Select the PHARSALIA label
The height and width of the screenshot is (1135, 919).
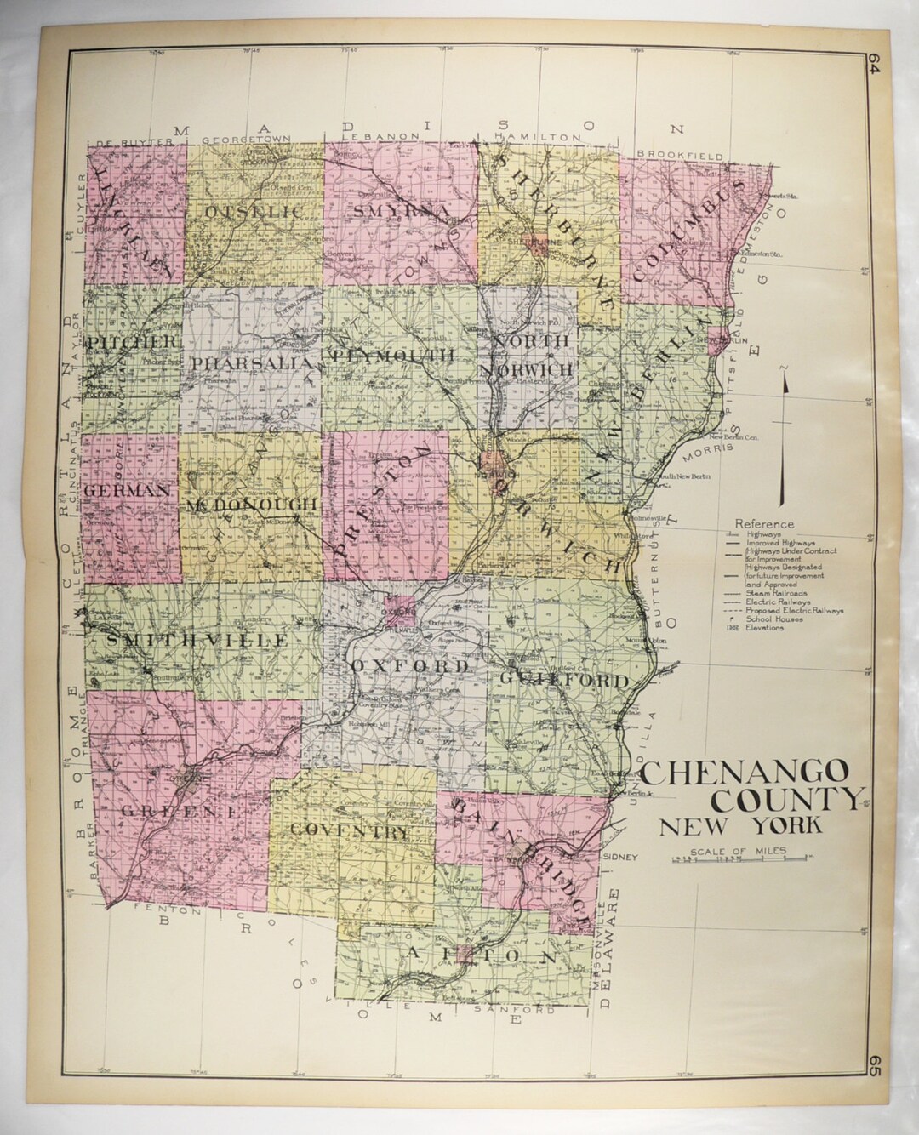coord(243,363)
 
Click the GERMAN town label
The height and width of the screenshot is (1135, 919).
coord(129,491)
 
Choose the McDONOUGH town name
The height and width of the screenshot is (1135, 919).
coord(251,505)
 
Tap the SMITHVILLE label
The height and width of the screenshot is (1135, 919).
coord(191,640)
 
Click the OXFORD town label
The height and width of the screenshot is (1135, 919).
coord(409,666)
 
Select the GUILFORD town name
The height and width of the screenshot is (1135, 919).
coord(563,681)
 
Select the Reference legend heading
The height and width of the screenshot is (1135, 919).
coord(765,524)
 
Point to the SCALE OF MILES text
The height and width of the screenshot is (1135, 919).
coord(739,852)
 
